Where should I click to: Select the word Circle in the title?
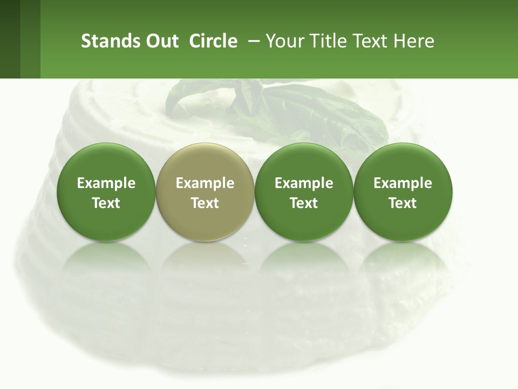click(x=213, y=41)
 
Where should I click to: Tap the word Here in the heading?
click(x=413, y=41)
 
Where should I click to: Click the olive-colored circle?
click(x=205, y=192)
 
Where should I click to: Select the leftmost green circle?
click(x=106, y=192)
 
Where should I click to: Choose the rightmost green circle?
click(x=403, y=192)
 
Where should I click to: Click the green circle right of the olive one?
click(x=304, y=192)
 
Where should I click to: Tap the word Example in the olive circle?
click(x=205, y=183)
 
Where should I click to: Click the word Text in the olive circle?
click(x=205, y=203)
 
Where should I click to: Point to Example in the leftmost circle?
click(x=106, y=183)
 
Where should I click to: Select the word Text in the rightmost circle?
click(x=403, y=203)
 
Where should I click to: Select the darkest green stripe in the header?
click(x=10, y=39)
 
